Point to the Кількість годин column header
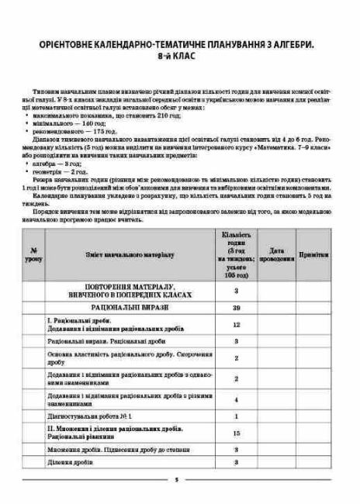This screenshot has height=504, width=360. pyautogui.click(x=236, y=254)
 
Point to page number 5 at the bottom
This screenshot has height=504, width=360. pyautogui.click(x=177, y=481)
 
